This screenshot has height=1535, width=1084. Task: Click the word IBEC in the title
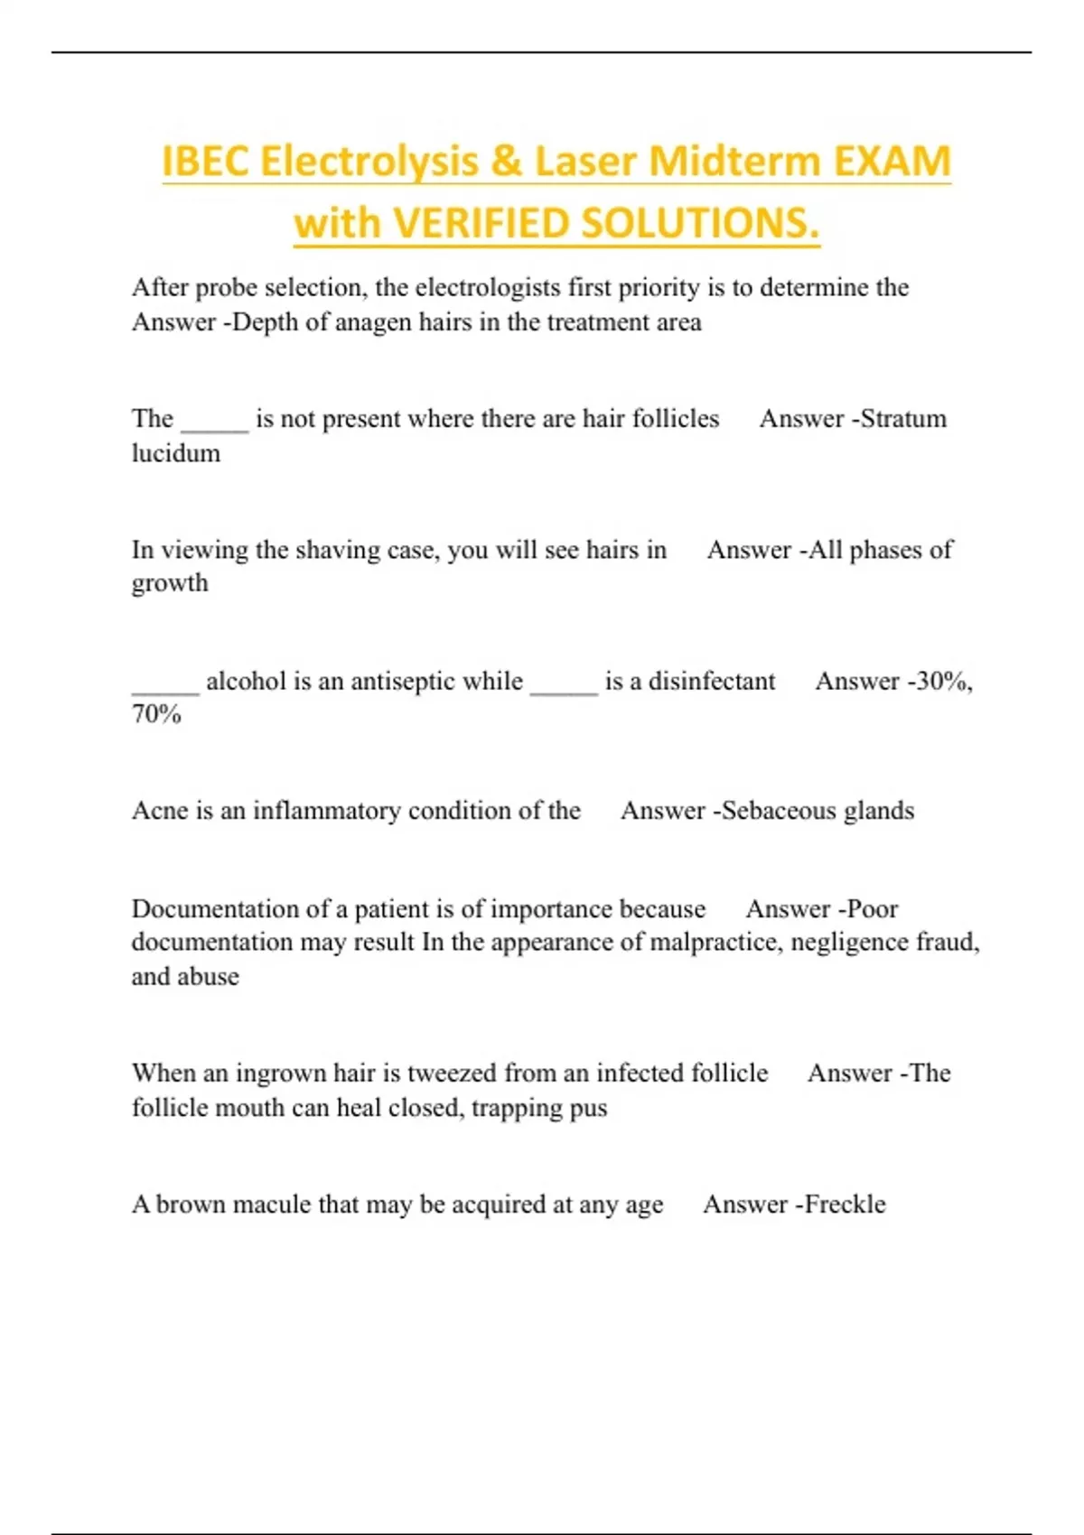[x=205, y=162]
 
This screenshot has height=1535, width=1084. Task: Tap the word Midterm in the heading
[x=734, y=162]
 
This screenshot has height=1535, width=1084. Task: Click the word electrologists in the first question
[x=487, y=288]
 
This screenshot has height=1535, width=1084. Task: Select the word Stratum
[x=902, y=419]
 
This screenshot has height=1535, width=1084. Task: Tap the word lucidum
[x=176, y=453]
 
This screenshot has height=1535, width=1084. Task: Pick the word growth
[x=170, y=584]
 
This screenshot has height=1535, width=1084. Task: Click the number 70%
[x=156, y=715]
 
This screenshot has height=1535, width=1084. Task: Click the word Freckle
[x=845, y=1205]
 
